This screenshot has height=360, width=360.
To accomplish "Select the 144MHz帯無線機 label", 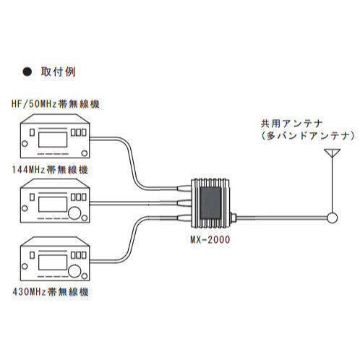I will pos(50,169).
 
